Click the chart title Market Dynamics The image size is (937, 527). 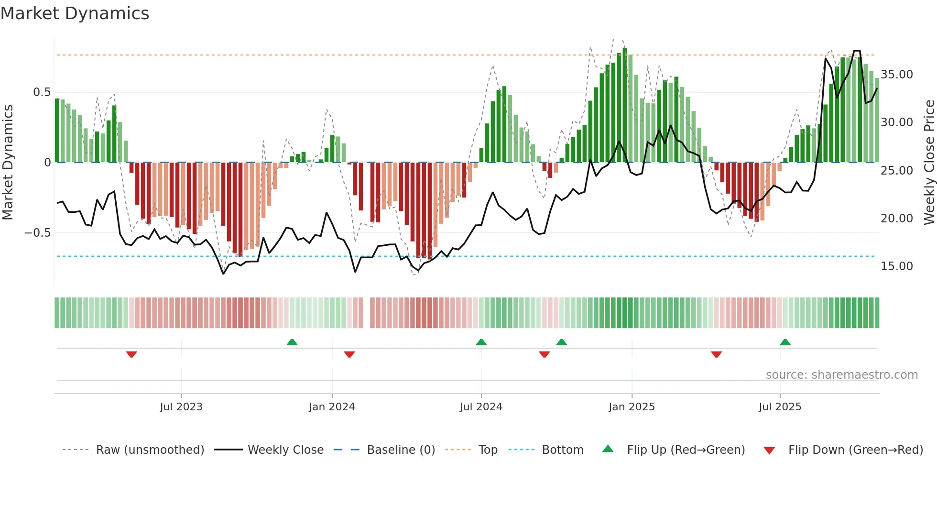75,13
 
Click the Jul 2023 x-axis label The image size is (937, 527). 181,407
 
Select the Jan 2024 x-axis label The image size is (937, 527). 332,407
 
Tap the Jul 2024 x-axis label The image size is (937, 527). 481,407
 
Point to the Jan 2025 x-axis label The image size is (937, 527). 632,407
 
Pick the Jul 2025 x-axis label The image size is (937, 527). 780,407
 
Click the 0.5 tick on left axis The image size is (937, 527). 42,92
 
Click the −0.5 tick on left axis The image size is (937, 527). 37,233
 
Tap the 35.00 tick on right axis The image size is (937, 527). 897,75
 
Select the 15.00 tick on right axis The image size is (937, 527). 897,266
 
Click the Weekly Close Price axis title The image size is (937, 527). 929,163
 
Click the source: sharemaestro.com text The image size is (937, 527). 841,375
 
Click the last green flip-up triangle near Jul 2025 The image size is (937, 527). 785,342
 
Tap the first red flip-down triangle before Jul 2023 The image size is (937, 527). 131,354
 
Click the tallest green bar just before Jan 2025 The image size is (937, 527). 624,105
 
